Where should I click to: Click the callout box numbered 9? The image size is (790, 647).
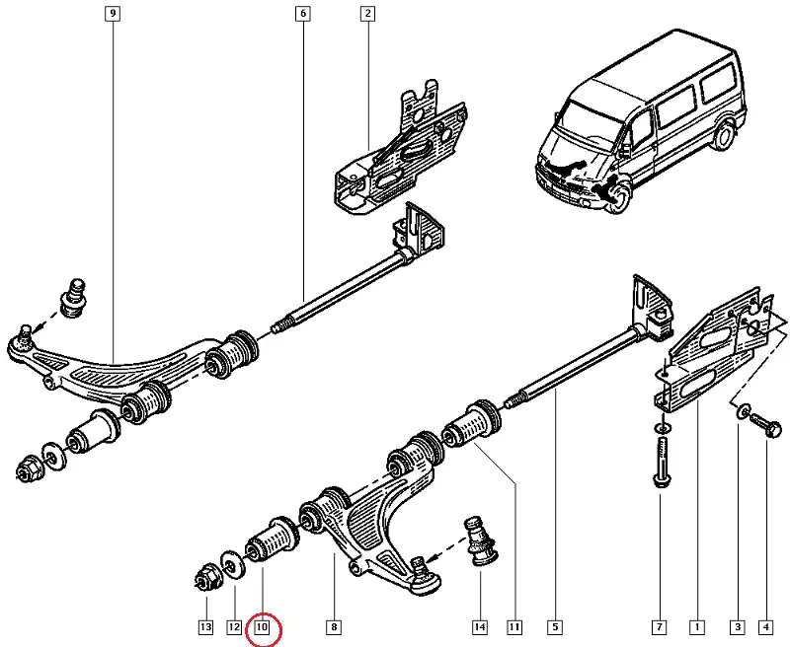pyautogui.click(x=113, y=15)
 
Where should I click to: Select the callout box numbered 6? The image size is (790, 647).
pyautogui.click(x=301, y=15)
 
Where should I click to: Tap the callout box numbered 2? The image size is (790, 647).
pyautogui.click(x=367, y=15)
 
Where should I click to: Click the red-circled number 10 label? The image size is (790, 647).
pyautogui.click(x=263, y=626)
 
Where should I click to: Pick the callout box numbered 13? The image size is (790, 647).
pyautogui.click(x=205, y=626)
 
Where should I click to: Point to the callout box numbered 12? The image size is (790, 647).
pyautogui.click(x=234, y=626)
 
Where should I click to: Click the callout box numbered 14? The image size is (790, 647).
pyautogui.click(x=480, y=626)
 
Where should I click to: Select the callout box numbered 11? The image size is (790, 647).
pyautogui.click(x=514, y=626)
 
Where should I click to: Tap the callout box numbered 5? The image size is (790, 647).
pyautogui.click(x=555, y=626)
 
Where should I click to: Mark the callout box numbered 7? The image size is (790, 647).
pyautogui.click(x=659, y=626)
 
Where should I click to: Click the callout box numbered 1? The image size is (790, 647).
pyautogui.click(x=697, y=626)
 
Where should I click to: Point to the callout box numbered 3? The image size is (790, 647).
pyautogui.click(x=737, y=626)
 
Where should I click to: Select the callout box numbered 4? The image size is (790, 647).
pyautogui.click(x=765, y=626)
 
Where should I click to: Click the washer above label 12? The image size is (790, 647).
pyautogui.click(x=234, y=565)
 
